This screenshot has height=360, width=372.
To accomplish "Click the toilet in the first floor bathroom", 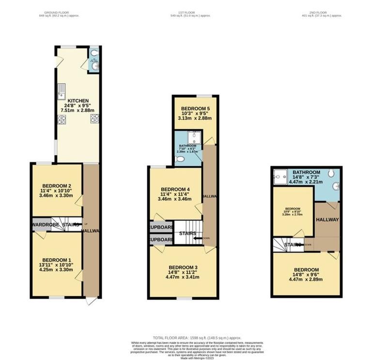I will tap(180, 159).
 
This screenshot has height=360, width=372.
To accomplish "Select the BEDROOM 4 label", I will tap(175, 189).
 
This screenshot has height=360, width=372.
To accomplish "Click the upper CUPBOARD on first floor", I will tap(161, 227).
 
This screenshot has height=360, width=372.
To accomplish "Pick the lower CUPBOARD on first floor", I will tap(161, 240).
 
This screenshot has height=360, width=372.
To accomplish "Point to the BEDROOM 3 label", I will tap(183, 267).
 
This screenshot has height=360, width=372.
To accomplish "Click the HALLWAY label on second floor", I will tap(327, 219).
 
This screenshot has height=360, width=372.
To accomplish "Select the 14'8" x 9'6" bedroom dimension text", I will tap(306, 276).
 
